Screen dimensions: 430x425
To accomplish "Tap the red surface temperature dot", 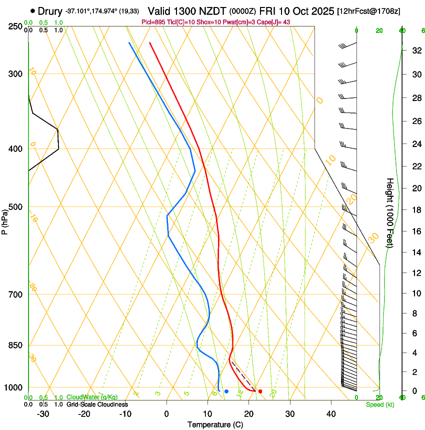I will coord(260,391).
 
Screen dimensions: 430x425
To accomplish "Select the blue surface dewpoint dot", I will coord(226,391).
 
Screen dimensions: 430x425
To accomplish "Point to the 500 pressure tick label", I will coord(15,207).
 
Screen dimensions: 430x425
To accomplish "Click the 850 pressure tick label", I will coord(15,345).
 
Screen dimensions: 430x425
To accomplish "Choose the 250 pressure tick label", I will coord(15,26).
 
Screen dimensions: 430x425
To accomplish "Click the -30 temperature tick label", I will coord(43,414).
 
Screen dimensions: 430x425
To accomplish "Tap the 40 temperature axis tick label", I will coord(331,414).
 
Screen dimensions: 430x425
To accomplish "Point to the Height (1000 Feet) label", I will coord(390,212).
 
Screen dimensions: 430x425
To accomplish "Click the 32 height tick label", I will coord(415,50).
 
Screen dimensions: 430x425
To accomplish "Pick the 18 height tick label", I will coord(415,210).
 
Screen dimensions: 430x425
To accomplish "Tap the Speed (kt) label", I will coord(380,404).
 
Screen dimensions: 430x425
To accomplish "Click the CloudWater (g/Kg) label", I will coord(92,397).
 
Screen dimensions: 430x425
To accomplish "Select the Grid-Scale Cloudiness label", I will coord(97,404).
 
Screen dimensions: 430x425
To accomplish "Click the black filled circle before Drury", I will coord(33,10).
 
